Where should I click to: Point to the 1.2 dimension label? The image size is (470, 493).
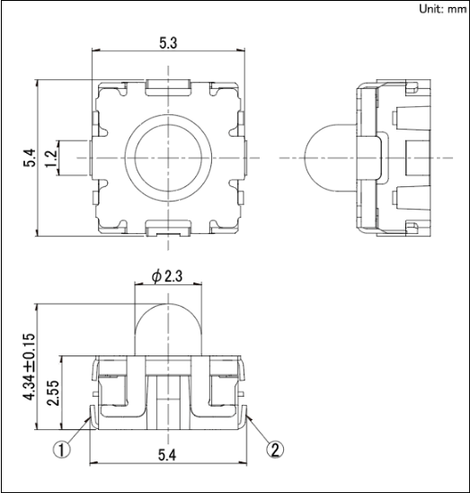[51, 157]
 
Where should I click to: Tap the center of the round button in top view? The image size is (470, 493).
[168, 157]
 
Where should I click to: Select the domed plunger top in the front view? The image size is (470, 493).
[168, 324]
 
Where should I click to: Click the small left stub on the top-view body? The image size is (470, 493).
[74, 157]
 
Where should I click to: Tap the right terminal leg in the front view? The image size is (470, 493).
[245, 414]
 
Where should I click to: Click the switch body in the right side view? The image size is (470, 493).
[391, 157]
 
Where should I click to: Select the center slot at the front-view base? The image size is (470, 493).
[168, 396]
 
